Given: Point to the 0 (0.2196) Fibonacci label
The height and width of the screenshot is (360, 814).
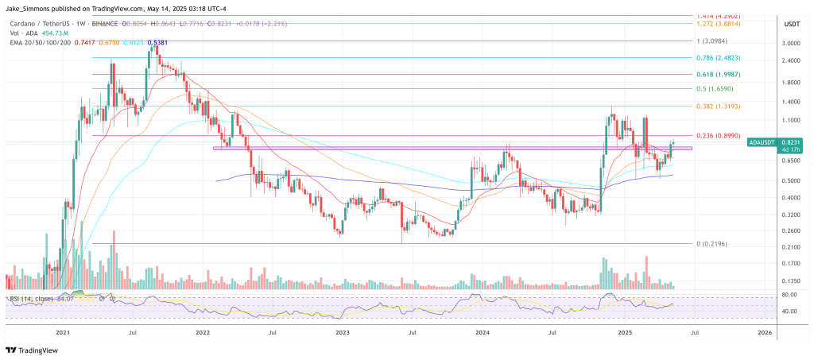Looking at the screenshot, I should pyautogui.click(x=711, y=243).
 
